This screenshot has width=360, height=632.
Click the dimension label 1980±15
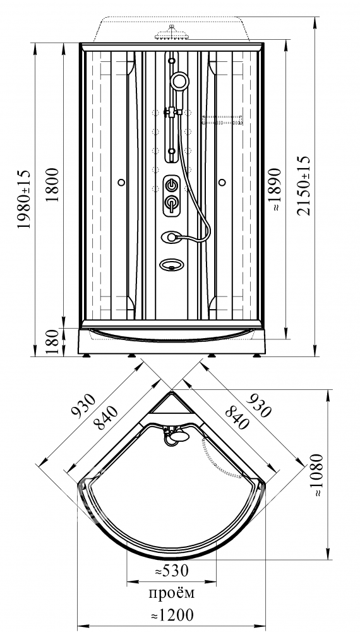click(24, 199)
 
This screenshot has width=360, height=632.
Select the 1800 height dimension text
click(52, 185)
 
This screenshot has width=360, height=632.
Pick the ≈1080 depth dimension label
click(318, 475)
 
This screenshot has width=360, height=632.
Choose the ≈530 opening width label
click(172, 571)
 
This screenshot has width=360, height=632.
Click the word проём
click(172, 593)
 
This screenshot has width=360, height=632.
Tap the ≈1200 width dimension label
click(172, 615)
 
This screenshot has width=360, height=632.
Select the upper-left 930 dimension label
click(83, 404)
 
